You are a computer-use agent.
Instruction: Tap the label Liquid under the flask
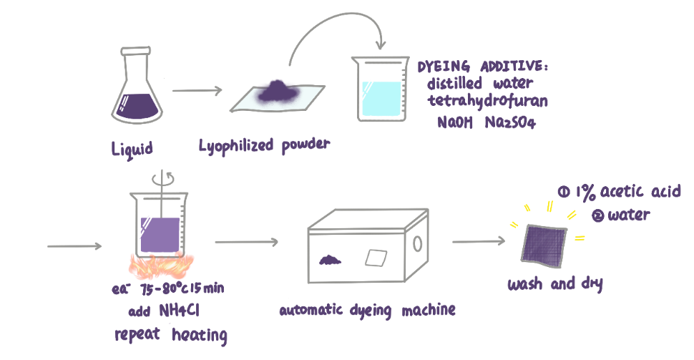(x=133, y=149)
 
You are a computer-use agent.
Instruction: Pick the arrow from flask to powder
(x=196, y=91)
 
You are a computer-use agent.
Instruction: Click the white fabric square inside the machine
(x=376, y=258)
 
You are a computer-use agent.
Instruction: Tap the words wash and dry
(x=554, y=284)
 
